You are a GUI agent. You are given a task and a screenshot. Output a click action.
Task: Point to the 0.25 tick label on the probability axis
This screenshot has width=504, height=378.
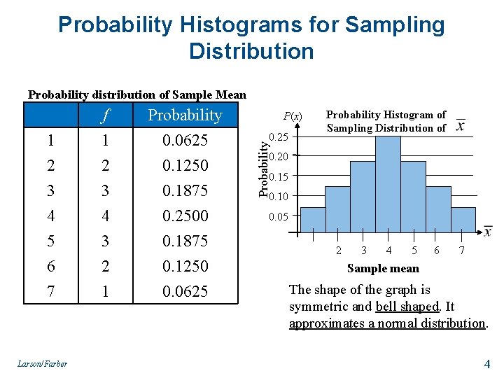point(279,136)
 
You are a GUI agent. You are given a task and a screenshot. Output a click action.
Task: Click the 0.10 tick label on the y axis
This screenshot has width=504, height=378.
point(279,196)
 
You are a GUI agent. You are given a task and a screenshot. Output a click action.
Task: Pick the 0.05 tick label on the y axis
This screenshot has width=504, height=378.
point(279,217)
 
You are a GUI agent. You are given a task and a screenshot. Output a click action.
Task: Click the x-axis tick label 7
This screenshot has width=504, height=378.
point(461,251)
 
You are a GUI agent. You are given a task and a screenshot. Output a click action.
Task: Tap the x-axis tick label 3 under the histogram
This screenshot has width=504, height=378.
point(363,251)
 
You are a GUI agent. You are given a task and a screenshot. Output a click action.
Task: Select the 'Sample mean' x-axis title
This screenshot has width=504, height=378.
point(384,268)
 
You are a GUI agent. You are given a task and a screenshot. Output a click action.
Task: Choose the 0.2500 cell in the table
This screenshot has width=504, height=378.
point(185,216)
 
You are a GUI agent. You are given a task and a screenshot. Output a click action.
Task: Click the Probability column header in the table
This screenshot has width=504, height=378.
point(185,115)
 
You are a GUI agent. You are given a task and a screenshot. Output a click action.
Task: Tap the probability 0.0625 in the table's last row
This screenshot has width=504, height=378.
point(185,291)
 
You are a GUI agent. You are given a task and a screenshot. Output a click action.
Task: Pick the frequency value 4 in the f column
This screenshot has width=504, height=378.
point(106,216)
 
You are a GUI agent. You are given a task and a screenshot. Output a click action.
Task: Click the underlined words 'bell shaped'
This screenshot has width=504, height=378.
point(408,307)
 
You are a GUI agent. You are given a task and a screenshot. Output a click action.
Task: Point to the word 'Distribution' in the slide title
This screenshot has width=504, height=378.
point(251,51)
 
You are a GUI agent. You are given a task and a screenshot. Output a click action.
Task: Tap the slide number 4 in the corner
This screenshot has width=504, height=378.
point(487,363)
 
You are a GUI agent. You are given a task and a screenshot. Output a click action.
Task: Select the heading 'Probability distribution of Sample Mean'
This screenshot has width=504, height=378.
point(136,94)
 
